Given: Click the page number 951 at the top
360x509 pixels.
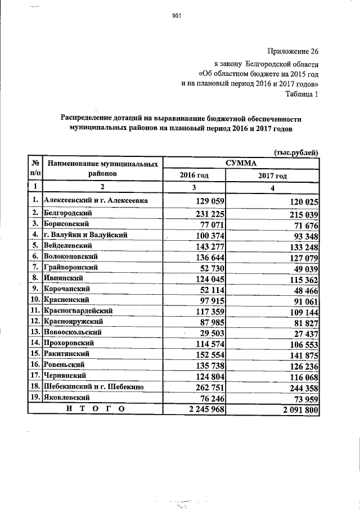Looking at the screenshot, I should pos(175,16).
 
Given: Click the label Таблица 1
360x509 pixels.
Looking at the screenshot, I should pos(303,94).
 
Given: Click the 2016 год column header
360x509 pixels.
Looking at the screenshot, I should pos(193,176).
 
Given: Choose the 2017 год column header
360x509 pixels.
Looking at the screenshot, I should pos(273,176).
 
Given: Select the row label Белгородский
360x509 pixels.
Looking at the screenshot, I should pos(69,213).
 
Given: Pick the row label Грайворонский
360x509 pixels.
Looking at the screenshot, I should pos(71,267).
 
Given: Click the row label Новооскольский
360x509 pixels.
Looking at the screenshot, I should pos(73,332).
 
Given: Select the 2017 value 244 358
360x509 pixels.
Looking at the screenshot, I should pos(300,387).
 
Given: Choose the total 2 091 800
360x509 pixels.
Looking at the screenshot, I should pos(296,409).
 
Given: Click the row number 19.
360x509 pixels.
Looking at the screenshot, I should pos(35,397).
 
